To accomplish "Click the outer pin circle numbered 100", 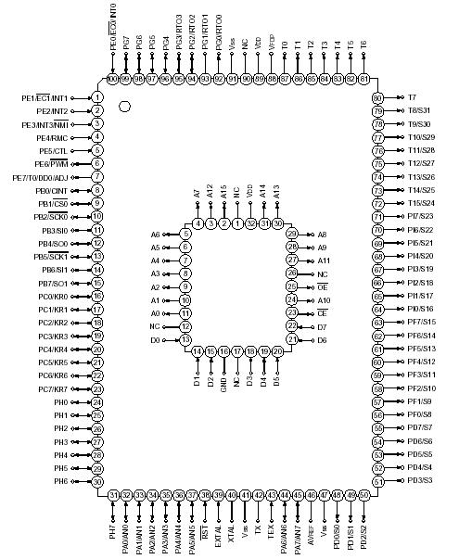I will [x=113, y=80].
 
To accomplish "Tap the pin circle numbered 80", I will [x=377, y=97].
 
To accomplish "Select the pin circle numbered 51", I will [x=377, y=481].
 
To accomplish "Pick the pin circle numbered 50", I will [x=364, y=496].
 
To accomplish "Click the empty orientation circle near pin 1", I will [x=124, y=107].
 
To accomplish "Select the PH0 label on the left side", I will [x=61, y=402].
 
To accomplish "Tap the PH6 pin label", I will [x=61, y=481].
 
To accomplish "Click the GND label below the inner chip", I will [x=225, y=383].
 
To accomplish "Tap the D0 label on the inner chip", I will [x=155, y=340].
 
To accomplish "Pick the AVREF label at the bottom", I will [x=312, y=532].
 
